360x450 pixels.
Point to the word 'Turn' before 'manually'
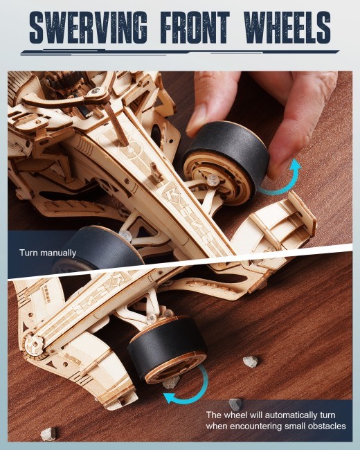[28, 253]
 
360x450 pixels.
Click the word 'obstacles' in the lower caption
[325, 426]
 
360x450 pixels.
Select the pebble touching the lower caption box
[235, 402]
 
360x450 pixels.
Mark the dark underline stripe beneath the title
[180, 51]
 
